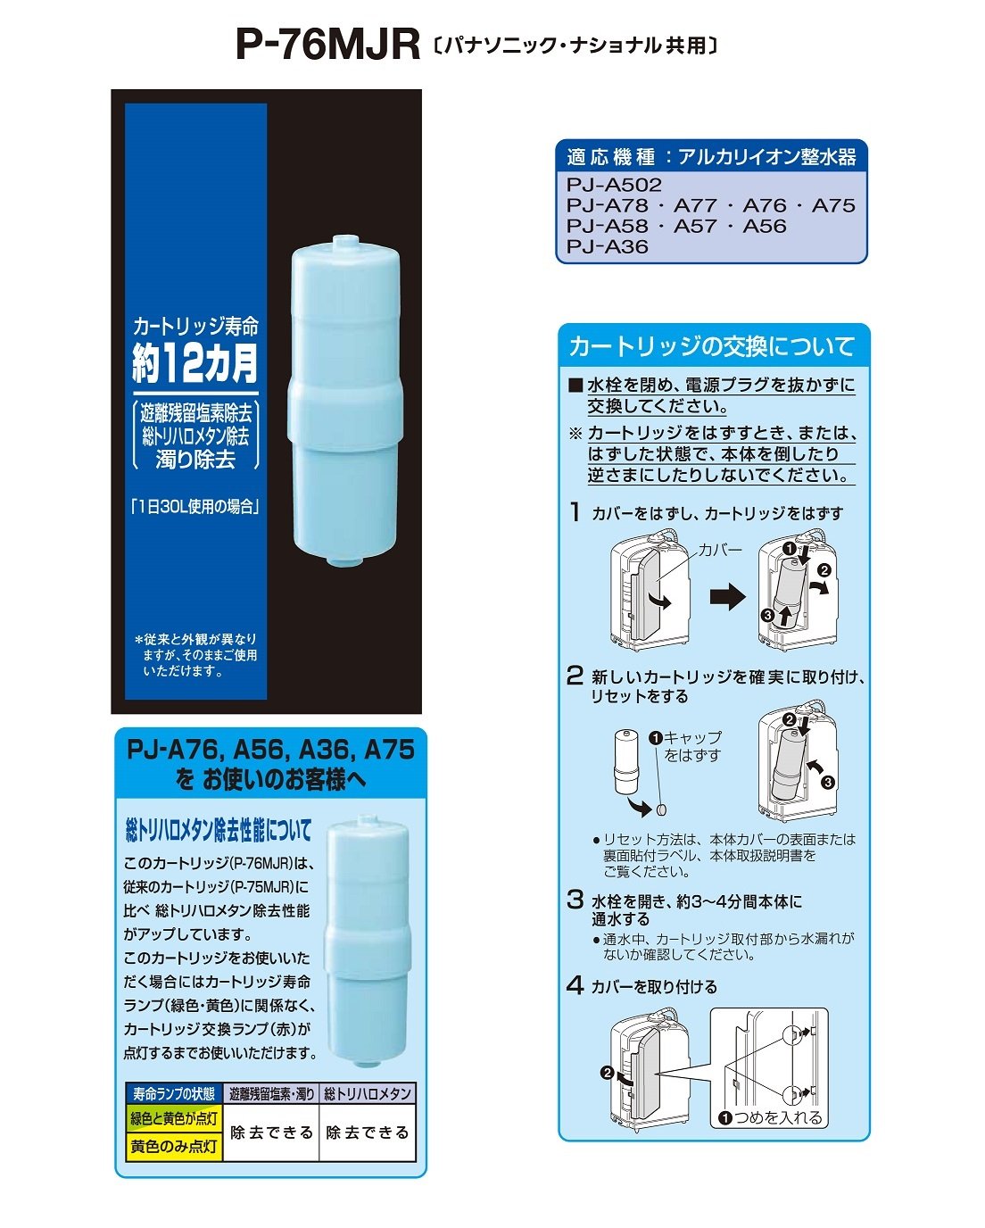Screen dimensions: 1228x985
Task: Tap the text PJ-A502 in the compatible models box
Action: [x=614, y=186]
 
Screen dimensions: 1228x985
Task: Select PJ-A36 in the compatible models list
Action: [x=607, y=247]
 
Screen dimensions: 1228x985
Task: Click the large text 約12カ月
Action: [x=195, y=362]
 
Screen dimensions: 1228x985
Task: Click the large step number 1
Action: [x=575, y=512]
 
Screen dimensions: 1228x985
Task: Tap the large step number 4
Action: [x=575, y=985]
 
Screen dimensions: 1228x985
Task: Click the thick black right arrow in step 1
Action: [x=727, y=596]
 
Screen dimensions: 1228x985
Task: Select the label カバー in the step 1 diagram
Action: [x=719, y=551]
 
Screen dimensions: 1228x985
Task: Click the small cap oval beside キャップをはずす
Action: [x=662, y=811]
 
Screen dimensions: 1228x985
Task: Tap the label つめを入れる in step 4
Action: [x=776, y=1117]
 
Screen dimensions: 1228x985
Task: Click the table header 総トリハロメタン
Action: [x=368, y=1093]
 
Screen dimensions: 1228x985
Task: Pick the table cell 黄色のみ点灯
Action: [x=174, y=1147]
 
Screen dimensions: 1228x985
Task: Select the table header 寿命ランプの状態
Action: [x=174, y=1093]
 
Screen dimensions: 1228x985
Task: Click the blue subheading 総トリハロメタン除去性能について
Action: [x=219, y=832]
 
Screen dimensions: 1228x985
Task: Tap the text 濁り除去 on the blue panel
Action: [x=195, y=460]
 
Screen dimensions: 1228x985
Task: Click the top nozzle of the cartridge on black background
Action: [x=344, y=243]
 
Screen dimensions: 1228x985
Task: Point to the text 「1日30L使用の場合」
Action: [x=195, y=507]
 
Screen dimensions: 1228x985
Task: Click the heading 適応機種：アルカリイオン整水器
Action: [x=711, y=158]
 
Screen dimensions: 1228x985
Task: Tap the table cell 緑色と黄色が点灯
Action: [x=174, y=1118]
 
